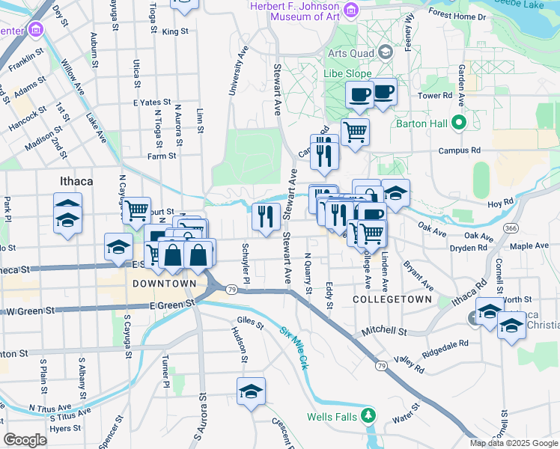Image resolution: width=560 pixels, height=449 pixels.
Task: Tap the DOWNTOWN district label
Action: point(163,284)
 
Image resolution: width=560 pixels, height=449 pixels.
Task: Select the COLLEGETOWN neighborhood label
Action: point(392,299)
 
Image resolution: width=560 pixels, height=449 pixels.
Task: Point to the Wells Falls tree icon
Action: point(368,415)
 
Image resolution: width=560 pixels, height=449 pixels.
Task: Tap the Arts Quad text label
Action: point(352,53)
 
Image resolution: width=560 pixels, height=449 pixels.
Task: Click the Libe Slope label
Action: point(349,74)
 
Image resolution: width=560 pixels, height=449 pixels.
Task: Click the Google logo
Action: point(25,439)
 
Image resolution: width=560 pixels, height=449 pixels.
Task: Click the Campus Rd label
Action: point(460,150)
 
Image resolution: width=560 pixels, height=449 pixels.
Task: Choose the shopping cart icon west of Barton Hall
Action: point(355,132)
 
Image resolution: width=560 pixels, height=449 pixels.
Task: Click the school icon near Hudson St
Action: point(251,391)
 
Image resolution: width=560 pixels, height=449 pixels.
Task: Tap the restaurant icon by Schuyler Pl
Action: point(267,216)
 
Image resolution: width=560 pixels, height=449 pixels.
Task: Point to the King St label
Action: point(174,31)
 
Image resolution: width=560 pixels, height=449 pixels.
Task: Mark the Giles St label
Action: point(250,324)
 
